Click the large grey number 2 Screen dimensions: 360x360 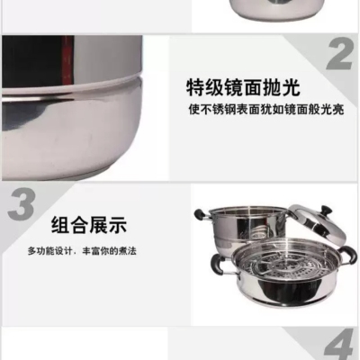pos(340,55)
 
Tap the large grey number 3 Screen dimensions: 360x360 pos(22,204)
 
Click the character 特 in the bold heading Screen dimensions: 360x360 pos(195,87)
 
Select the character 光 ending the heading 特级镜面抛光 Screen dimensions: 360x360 pos(291,87)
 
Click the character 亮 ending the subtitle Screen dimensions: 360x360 pos(337,110)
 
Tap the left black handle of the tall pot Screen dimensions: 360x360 pos(201,213)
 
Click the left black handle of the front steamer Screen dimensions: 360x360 pos(217,265)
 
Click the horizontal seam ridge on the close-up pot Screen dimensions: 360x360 pos(72,91)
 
